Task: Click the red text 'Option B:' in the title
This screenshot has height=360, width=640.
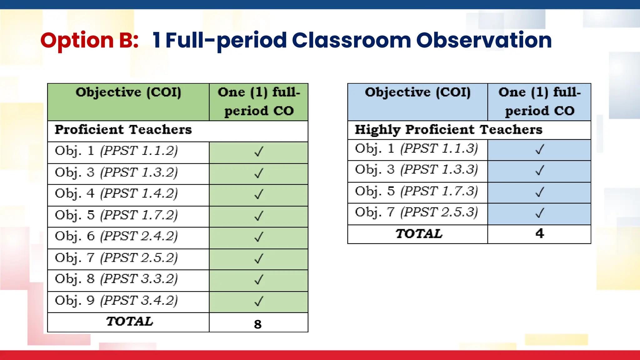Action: [x=89, y=41]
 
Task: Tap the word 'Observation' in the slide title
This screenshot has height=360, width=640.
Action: [x=484, y=41]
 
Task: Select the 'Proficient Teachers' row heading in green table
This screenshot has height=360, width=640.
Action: [x=123, y=130]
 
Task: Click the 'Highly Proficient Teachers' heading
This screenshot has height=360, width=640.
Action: [x=448, y=130]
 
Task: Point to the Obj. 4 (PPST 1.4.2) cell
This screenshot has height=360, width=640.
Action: [x=116, y=194]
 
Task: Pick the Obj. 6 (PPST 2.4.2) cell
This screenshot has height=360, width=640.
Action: [x=116, y=237]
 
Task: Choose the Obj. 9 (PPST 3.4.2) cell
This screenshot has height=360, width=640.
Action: [x=116, y=301]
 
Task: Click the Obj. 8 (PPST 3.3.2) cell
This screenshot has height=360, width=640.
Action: [x=116, y=279]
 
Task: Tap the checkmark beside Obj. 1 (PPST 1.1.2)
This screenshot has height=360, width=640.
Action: [x=259, y=152]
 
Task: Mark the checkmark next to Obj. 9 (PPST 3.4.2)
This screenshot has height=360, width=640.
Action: [x=259, y=301]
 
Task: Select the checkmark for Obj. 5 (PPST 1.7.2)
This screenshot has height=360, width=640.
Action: [x=259, y=216]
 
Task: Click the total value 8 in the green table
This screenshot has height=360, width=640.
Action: [x=258, y=324]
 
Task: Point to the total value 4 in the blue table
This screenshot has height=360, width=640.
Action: [x=540, y=233]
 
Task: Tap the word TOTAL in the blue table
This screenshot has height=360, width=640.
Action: [x=419, y=234]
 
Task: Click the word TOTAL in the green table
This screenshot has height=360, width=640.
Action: [x=129, y=322]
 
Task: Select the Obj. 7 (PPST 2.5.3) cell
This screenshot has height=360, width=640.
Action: [x=416, y=212]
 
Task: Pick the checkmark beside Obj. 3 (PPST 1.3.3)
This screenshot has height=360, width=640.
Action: [x=540, y=170]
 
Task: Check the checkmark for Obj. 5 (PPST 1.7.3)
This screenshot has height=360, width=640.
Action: [x=540, y=192]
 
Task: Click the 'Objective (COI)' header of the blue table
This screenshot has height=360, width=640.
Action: [x=417, y=92]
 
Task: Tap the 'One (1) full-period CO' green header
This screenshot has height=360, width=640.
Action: [x=259, y=102]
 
